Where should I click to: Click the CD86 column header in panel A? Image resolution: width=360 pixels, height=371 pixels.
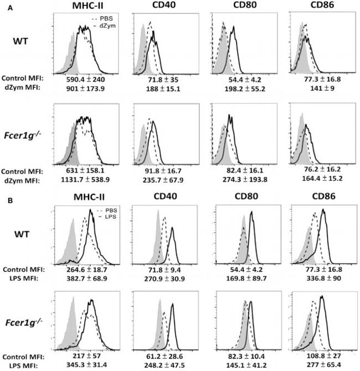(x=313, y=8)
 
